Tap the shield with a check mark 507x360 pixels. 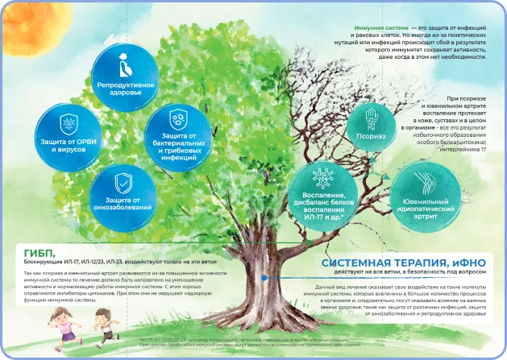[x=123, y=180]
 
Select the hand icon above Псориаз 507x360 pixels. [x=370, y=120]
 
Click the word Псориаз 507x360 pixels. [x=370, y=137]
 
